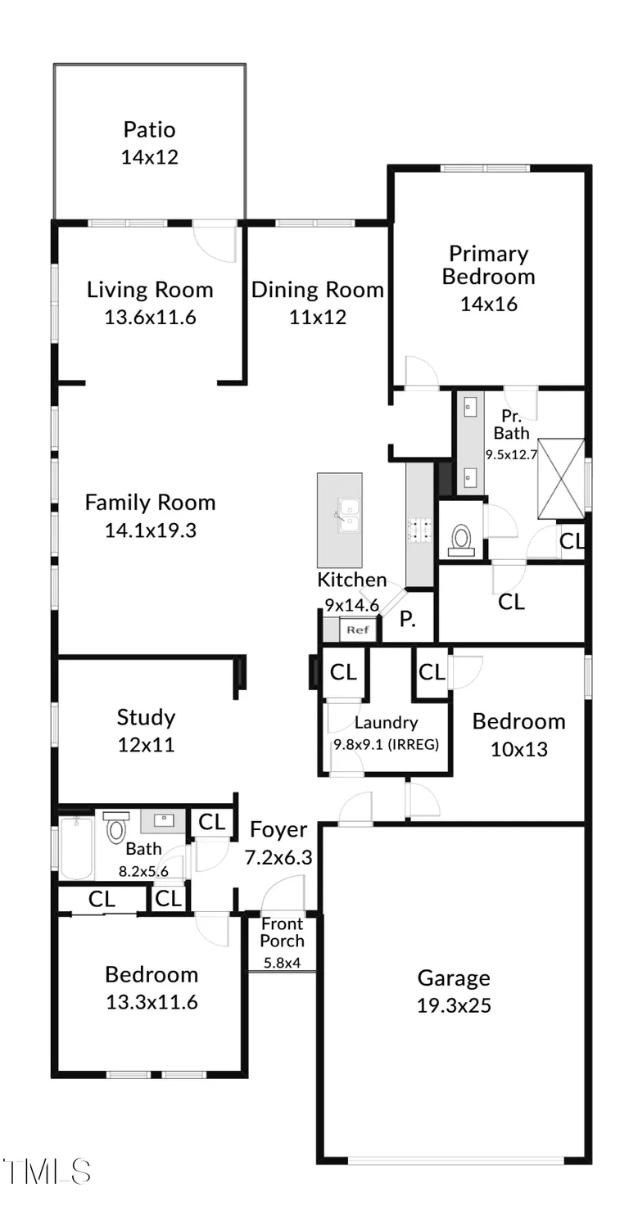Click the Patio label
(149, 129)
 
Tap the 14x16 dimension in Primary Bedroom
(488, 304)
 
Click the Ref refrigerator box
(358, 630)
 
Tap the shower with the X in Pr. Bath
(561, 479)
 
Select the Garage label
(454, 977)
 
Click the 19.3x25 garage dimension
(454, 1005)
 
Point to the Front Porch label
(282, 932)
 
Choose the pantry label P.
(408, 620)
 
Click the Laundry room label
(386, 723)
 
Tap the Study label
(146, 718)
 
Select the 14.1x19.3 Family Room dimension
(150, 530)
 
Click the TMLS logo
(46, 1171)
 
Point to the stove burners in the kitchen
(420, 530)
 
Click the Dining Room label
(317, 290)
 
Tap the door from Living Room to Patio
(216, 241)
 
